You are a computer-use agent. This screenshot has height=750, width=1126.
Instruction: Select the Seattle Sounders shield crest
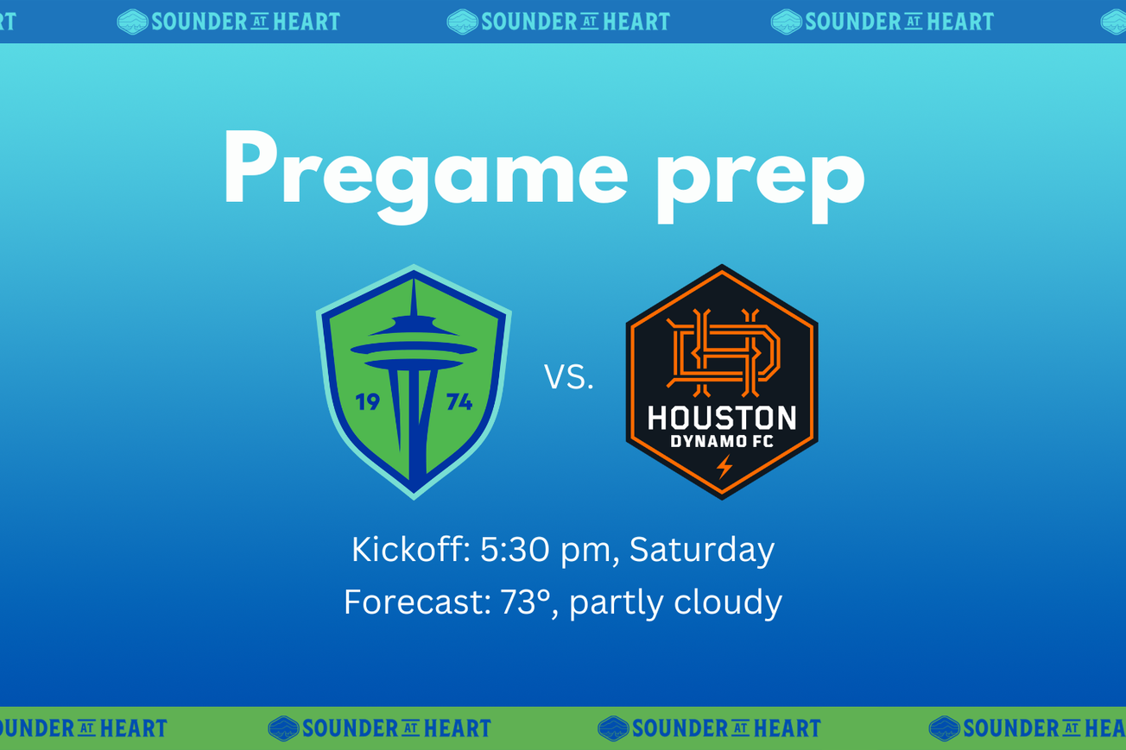tap(414, 382)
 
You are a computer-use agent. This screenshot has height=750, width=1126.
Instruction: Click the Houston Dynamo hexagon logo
tap(722, 382)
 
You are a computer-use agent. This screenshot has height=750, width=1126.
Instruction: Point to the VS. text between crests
tap(569, 377)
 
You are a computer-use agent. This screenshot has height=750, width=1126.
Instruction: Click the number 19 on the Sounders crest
tap(368, 402)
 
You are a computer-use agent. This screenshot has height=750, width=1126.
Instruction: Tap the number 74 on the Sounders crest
tap(458, 402)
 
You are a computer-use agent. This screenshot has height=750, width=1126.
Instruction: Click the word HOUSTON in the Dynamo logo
tap(722, 419)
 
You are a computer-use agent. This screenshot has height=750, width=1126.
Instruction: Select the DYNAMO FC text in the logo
tap(722, 443)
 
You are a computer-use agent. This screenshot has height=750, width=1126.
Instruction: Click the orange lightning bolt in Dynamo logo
tap(724, 467)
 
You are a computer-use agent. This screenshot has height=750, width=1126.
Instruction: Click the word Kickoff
tap(410, 550)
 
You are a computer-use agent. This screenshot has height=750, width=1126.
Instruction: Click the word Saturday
tap(701, 550)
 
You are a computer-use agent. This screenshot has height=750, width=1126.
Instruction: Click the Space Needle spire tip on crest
tap(414, 285)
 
